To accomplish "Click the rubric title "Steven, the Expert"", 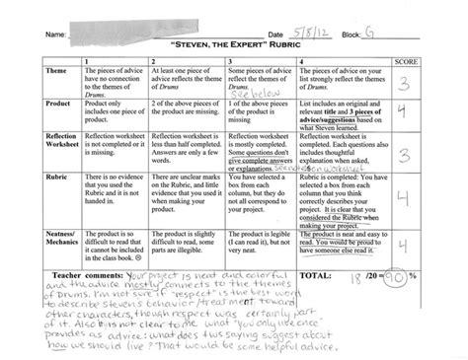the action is pos(233,44).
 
